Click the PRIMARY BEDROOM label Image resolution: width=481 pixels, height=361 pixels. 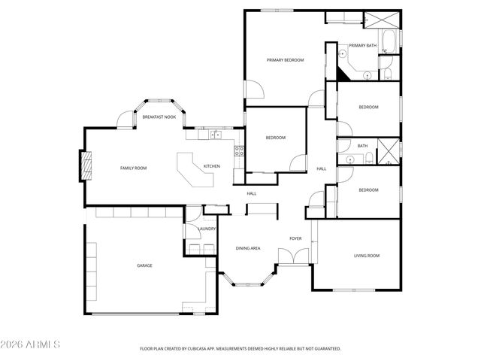(x=285, y=59)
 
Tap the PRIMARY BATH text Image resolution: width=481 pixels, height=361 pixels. (x=362, y=45)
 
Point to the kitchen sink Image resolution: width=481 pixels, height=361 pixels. (x=215, y=135)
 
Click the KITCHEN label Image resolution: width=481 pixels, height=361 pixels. (x=211, y=166)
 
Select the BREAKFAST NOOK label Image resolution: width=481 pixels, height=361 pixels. (x=159, y=117)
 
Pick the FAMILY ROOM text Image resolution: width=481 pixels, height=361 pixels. (x=133, y=168)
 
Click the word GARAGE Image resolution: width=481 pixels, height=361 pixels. (x=144, y=265)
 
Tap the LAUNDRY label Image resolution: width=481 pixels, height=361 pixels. (x=207, y=229)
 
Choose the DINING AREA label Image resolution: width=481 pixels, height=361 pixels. (x=248, y=248)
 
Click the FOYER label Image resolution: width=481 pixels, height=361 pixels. (x=295, y=238)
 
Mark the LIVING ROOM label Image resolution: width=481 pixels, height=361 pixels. (x=367, y=256)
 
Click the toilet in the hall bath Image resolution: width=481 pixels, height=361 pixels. (x=369, y=157)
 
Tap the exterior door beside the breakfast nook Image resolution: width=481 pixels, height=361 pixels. (x=125, y=121)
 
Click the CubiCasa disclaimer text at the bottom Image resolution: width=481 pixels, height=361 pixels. (x=240, y=348)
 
